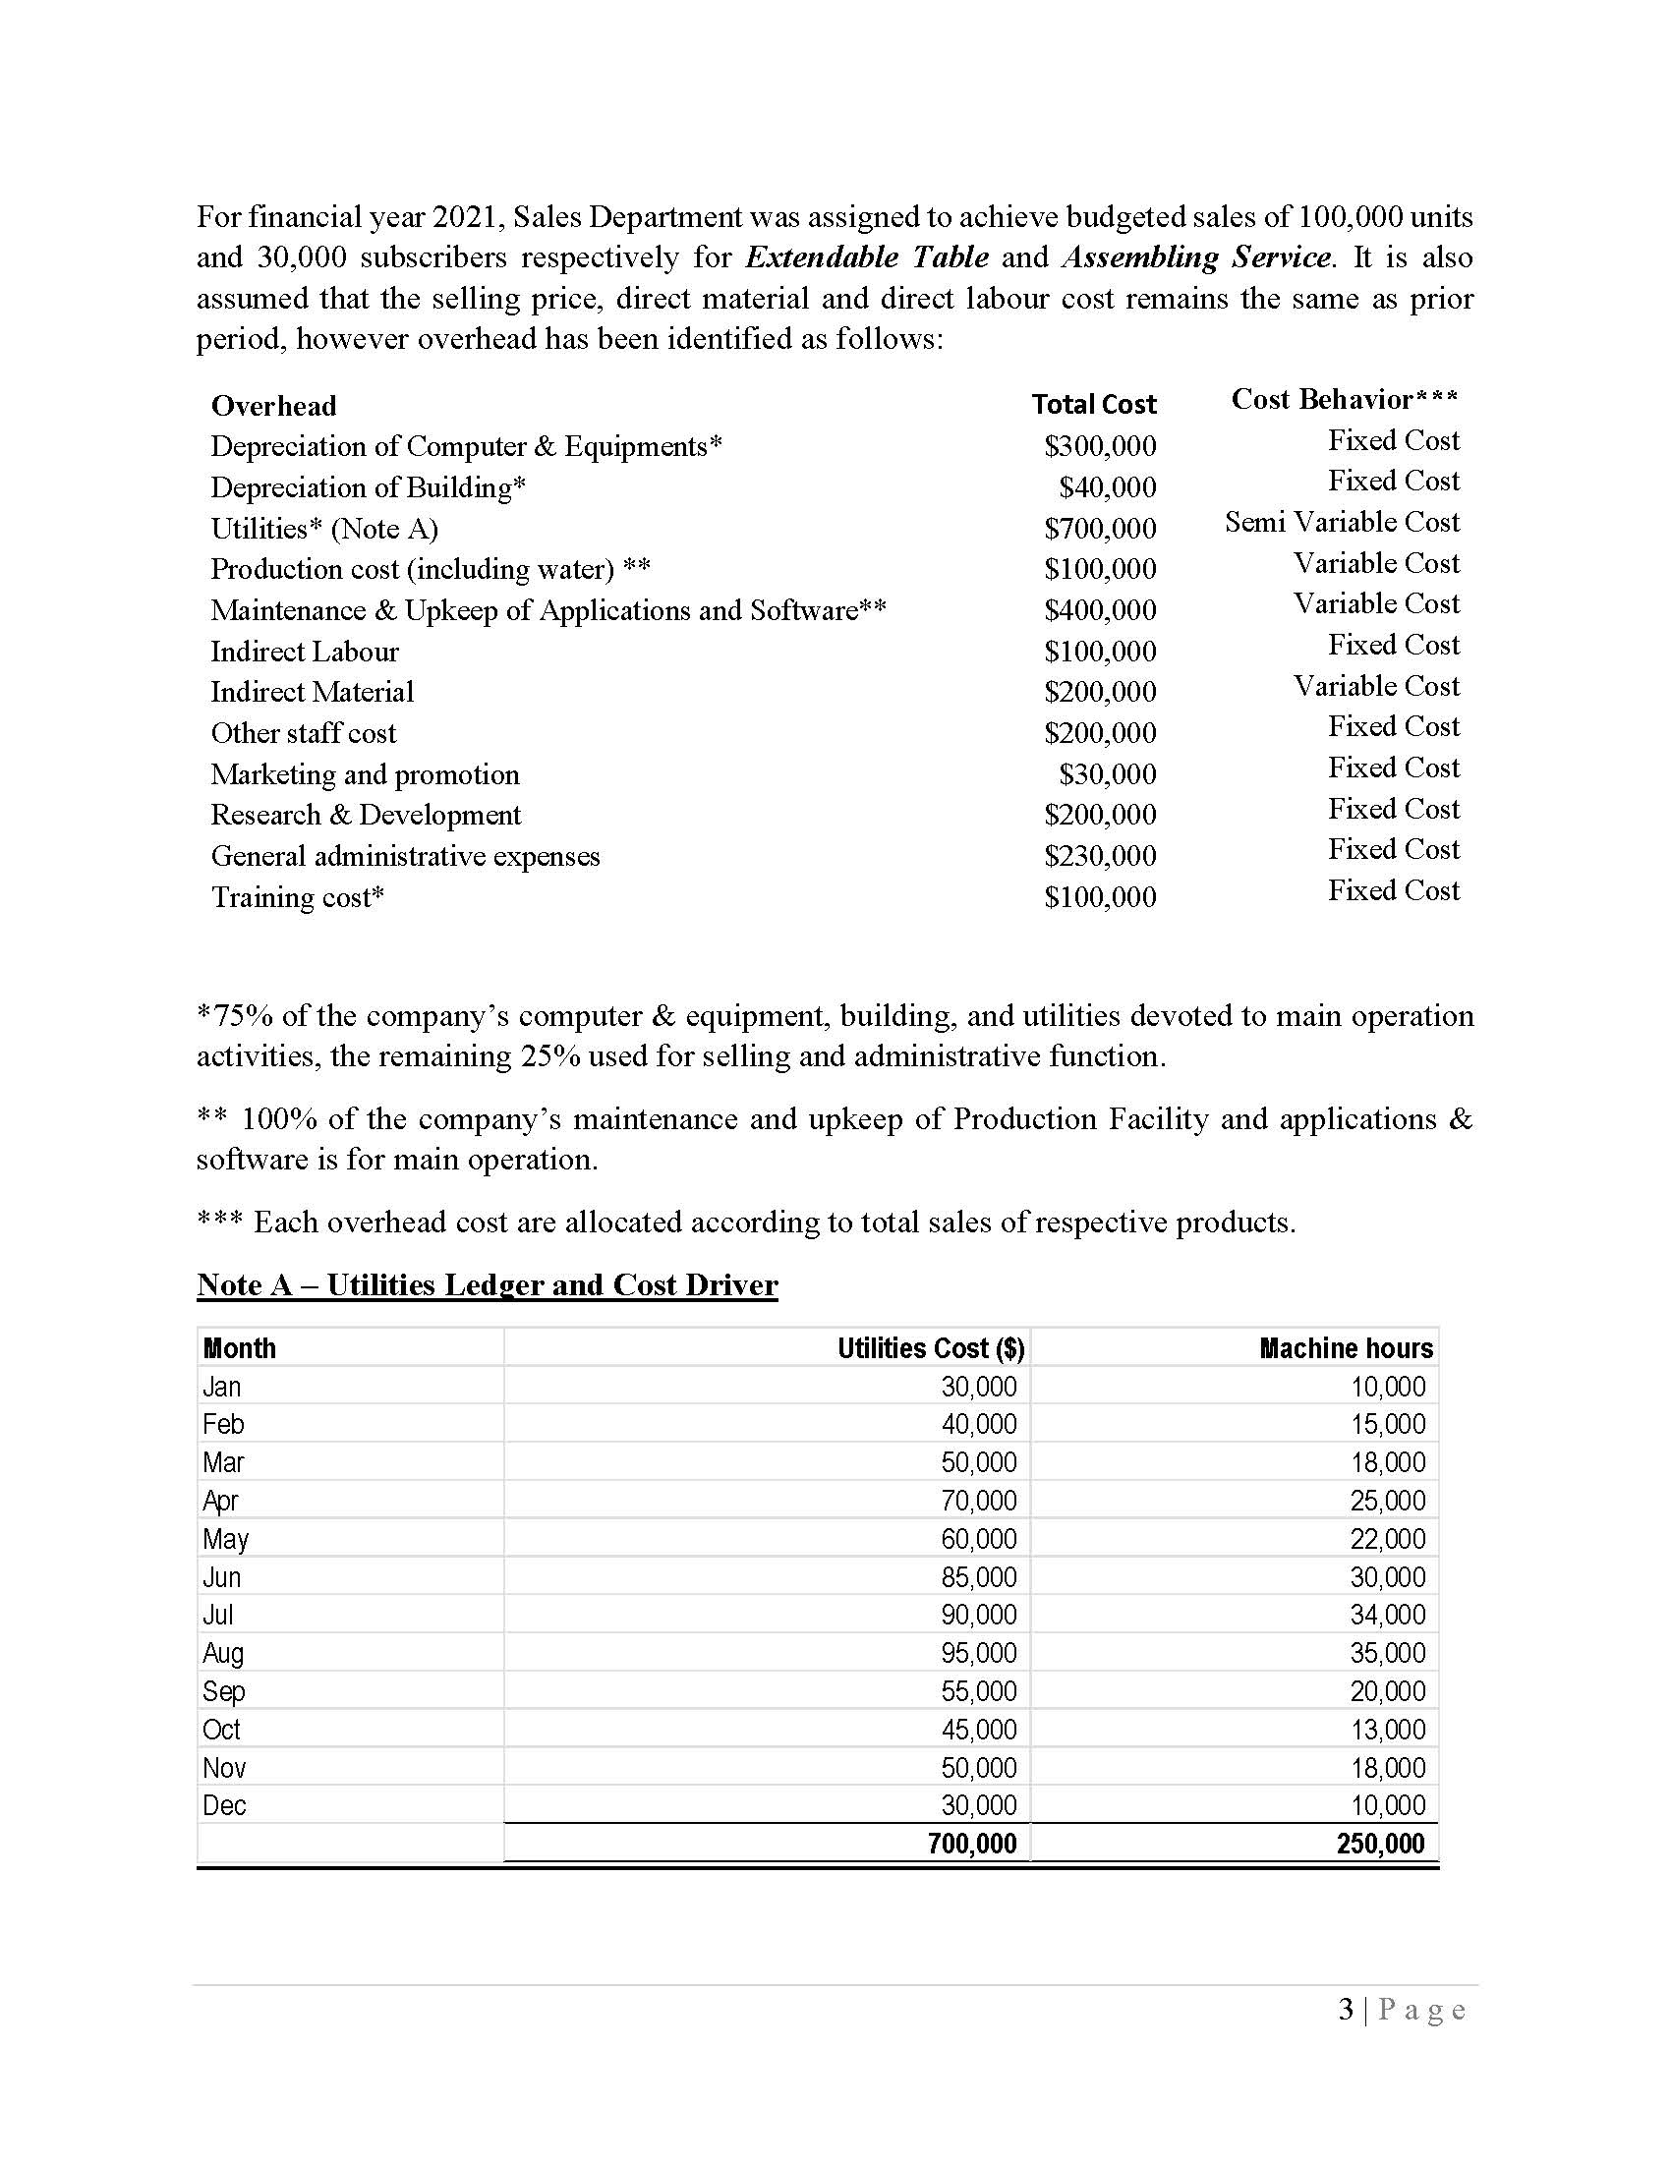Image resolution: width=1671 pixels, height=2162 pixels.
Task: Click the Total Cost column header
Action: tap(1093, 404)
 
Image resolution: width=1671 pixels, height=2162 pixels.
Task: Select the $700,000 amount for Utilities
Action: tap(1100, 528)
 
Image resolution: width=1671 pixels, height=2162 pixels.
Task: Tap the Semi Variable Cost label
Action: tap(1342, 522)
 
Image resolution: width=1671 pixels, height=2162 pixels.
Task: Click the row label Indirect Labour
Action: tap(304, 652)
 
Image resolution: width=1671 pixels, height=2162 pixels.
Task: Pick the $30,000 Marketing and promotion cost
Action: tap(1107, 773)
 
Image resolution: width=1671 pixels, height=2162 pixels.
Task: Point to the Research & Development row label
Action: tap(366, 815)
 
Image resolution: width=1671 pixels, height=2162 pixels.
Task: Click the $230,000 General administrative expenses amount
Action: tap(1100, 855)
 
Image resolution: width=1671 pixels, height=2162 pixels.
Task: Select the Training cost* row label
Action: tap(297, 897)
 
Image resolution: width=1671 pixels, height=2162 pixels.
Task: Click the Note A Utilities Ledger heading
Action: tap(487, 1284)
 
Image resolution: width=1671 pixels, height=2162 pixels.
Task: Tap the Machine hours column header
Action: tap(1346, 1348)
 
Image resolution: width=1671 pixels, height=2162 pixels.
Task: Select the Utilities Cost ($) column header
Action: tap(931, 1348)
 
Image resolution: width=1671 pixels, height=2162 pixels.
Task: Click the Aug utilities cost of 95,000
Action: tap(978, 1653)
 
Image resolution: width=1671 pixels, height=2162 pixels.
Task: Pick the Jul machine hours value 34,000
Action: tap(1388, 1615)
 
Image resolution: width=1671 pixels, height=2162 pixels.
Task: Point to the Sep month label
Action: tap(224, 1691)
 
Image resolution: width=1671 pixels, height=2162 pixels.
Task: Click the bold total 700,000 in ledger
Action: tap(972, 1844)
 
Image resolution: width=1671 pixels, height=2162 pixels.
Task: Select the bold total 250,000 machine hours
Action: tap(1380, 1844)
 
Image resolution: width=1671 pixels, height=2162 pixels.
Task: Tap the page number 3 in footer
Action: tap(1346, 2010)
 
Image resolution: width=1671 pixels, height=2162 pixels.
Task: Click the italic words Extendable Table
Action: tap(866, 257)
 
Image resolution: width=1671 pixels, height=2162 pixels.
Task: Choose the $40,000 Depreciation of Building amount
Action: tap(1107, 487)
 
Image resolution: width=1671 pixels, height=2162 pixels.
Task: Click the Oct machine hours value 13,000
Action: tap(1388, 1730)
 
